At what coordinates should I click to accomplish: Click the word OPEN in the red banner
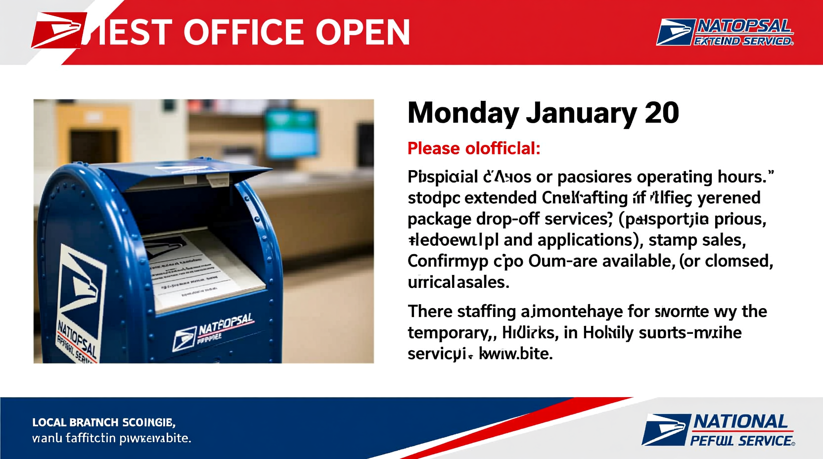click(363, 33)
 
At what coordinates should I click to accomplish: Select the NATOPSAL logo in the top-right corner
click(725, 32)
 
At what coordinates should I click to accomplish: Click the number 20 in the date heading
click(662, 113)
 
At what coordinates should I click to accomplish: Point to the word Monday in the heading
click(462, 113)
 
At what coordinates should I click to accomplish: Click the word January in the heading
click(581, 113)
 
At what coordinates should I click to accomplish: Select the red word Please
click(433, 148)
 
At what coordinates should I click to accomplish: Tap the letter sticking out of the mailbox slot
click(198, 270)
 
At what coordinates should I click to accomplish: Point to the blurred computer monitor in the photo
click(290, 131)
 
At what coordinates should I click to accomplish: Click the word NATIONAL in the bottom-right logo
click(740, 422)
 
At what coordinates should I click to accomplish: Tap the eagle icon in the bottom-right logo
click(665, 429)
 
